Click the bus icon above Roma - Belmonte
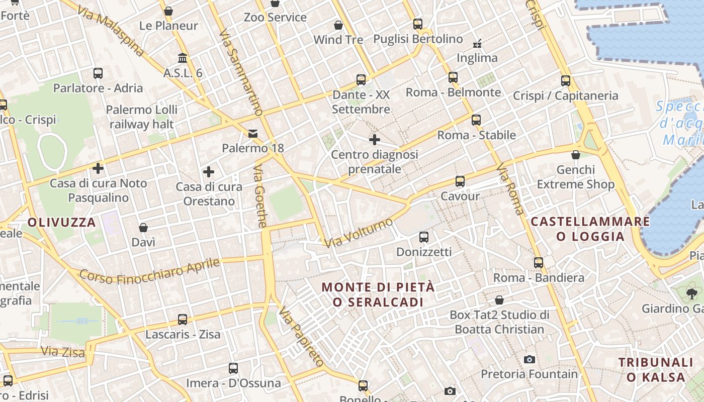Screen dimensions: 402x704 (x=453, y=77)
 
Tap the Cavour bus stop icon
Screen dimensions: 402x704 (x=460, y=181)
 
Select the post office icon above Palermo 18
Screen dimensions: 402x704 (x=253, y=134)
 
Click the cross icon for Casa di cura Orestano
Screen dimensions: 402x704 (x=209, y=172)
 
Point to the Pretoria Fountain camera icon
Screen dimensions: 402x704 (x=529, y=359)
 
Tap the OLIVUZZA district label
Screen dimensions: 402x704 (x=61, y=222)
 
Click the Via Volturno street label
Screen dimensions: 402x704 (x=358, y=233)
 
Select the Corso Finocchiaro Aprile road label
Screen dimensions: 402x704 (x=150, y=272)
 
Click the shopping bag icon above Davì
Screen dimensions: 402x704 (x=143, y=228)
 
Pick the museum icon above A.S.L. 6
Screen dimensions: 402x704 (x=183, y=58)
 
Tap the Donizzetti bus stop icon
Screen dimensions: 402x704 (x=424, y=237)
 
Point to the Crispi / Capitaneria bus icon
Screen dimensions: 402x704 (x=566, y=81)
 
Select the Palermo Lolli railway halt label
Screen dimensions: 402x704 (x=142, y=117)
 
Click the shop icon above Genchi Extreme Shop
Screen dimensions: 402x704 (x=576, y=155)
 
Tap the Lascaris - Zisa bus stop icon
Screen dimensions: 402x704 (x=183, y=320)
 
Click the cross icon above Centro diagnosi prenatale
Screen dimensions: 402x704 (x=375, y=140)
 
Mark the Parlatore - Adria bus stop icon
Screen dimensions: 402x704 (x=98, y=73)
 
